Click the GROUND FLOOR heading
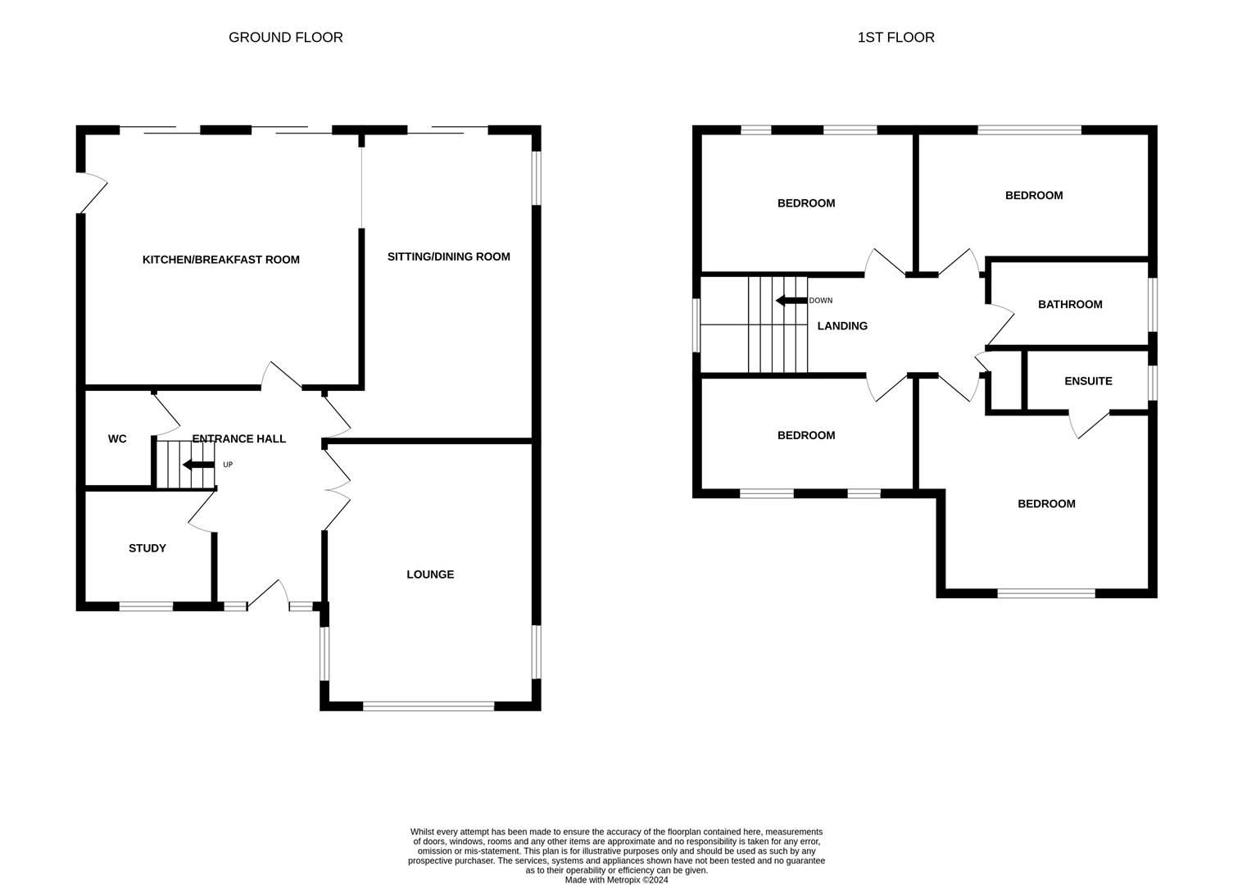coord(286,38)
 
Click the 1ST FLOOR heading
coord(895,38)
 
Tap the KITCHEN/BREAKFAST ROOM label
coord(220,260)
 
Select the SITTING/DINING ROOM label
coord(449,256)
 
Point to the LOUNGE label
coord(430,574)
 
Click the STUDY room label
coord(147,548)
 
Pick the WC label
coord(117,439)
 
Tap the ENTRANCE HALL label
coord(239,439)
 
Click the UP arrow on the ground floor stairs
coord(199,465)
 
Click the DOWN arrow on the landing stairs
coord(791,301)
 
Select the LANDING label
coord(842,326)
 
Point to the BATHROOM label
coord(1070,305)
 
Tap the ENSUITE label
coord(1088,381)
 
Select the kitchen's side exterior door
coord(93,193)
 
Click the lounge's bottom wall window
coord(428,706)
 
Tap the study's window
coord(147,606)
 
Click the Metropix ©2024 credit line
coord(616,880)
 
